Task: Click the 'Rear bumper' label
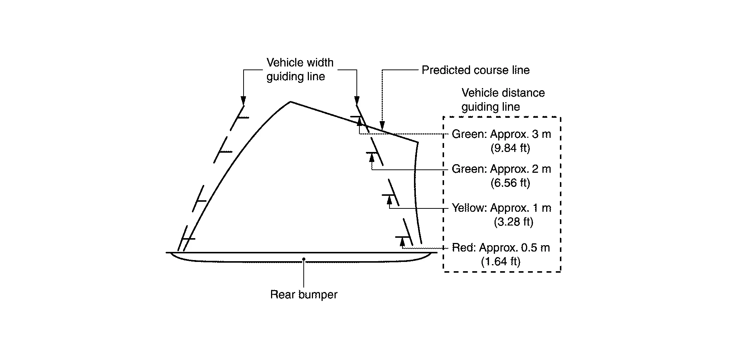pyautogui.click(x=304, y=295)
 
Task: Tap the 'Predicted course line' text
pyautogui.click(x=475, y=70)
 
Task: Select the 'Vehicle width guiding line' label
pyautogui.click(x=300, y=69)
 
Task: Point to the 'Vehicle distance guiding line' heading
pyautogui.click(x=503, y=100)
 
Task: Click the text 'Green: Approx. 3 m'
pyautogui.click(x=501, y=134)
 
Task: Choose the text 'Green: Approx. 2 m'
pyautogui.click(x=501, y=169)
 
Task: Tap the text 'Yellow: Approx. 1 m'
pyautogui.click(x=501, y=208)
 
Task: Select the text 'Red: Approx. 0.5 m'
pyautogui.click(x=500, y=248)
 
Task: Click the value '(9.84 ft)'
pyautogui.click(x=510, y=148)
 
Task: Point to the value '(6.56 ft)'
pyautogui.click(x=510, y=183)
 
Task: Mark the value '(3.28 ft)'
pyautogui.click(x=513, y=222)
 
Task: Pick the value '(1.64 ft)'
pyautogui.click(x=500, y=262)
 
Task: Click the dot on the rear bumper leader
pyautogui.click(x=304, y=259)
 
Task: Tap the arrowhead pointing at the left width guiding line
pyautogui.click(x=243, y=101)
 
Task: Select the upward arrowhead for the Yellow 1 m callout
pyautogui.click(x=389, y=200)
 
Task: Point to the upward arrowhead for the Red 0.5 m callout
pyautogui.click(x=402, y=242)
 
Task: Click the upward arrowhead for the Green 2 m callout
pyautogui.click(x=372, y=157)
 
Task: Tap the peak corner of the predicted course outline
pyautogui.click(x=290, y=101)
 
